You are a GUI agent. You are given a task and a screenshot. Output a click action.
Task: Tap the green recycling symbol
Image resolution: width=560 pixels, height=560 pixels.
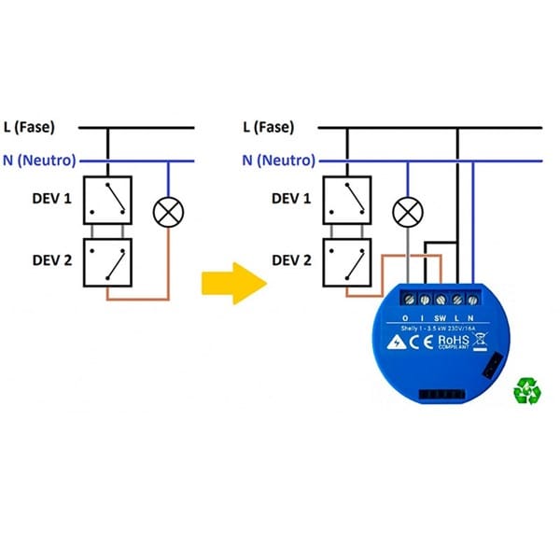(527, 389)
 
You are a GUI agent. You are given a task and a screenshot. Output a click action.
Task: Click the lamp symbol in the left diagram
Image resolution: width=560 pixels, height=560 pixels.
(168, 213)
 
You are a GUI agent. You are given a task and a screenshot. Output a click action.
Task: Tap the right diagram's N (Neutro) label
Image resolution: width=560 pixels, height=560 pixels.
(277, 160)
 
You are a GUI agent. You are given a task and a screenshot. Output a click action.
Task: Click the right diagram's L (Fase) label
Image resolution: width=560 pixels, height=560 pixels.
(273, 127)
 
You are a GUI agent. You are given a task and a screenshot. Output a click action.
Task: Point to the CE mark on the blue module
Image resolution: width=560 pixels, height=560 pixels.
(422, 342)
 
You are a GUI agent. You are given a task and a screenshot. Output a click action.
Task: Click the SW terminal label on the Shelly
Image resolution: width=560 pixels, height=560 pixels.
(441, 316)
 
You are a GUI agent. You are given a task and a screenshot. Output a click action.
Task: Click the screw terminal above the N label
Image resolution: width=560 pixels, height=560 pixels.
(472, 300)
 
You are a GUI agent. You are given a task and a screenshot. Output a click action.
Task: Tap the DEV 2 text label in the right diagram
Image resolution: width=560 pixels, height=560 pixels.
(290, 260)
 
